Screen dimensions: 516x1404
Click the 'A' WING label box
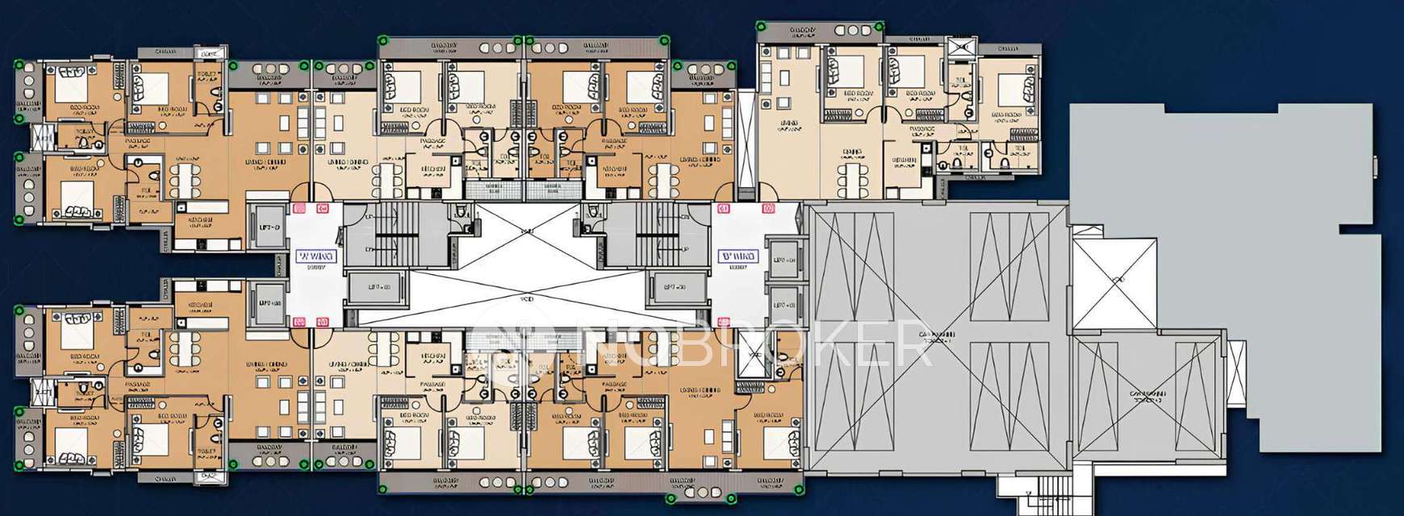coord(315,257)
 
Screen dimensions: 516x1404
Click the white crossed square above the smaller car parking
coord(1114,278)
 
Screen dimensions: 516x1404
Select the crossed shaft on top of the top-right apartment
coord(962,48)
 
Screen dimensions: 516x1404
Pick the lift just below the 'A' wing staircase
coord(378,287)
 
